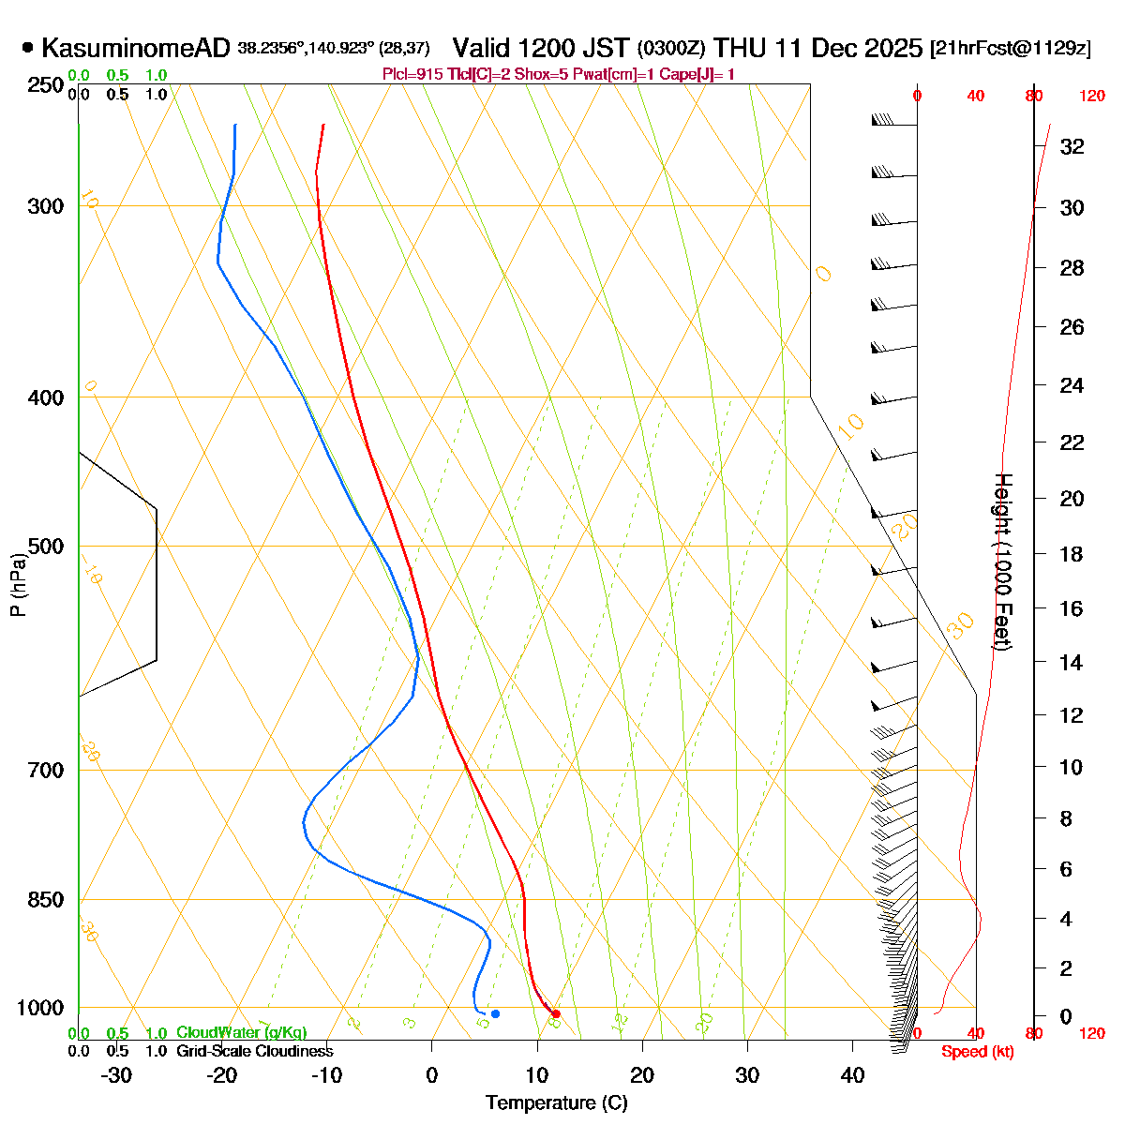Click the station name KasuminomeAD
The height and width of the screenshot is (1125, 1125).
(136, 48)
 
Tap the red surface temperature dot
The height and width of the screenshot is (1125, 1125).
(556, 1013)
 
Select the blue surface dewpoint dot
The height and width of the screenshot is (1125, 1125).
(495, 1013)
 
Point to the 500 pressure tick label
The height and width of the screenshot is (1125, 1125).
(47, 547)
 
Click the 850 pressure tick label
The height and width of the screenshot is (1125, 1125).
(47, 900)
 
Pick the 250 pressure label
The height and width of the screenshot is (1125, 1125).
(47, 85)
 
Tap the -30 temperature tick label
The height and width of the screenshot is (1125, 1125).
(116, 1075)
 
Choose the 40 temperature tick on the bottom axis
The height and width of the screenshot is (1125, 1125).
(852, 1075)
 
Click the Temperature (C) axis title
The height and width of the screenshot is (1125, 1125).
(557, 1103)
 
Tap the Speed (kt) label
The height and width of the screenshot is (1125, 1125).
(977, 1052)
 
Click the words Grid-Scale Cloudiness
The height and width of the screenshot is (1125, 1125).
(254, 1051)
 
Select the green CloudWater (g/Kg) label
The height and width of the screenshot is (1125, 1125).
(241, 1032)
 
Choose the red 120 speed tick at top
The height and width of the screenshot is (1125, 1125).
(1091, 96)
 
